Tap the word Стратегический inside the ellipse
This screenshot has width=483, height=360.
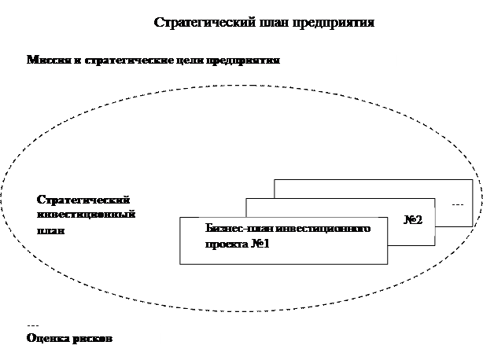click(83, 200)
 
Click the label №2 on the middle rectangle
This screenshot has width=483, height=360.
click(414, 219)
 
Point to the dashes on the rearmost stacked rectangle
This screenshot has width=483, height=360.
click(458, 204)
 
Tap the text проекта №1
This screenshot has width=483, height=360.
click(238, 244)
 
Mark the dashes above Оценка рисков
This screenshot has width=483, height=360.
click(32, 325)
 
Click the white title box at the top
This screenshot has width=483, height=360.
click(265, 22)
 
